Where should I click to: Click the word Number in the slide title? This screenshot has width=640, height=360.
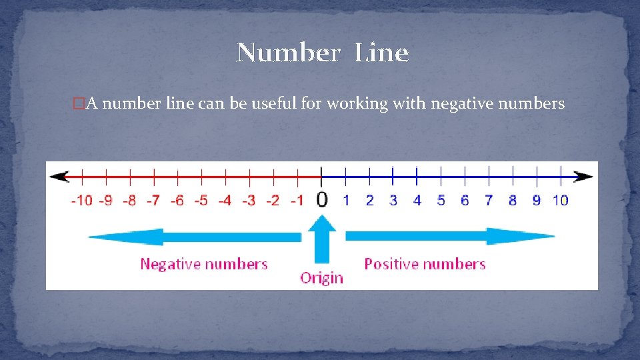[288, 53]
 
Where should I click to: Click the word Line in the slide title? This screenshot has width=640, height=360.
[381, 53]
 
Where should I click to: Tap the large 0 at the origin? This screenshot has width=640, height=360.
[321, 199]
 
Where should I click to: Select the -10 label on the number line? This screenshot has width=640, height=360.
[82, 200]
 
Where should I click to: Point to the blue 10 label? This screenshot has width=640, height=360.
[560, 200]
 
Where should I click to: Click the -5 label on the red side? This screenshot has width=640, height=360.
[201, 200]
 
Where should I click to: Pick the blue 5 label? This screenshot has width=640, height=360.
[441, 200]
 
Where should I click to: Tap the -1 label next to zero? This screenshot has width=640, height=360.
[297, 200]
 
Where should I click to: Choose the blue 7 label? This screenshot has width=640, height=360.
[489, 200]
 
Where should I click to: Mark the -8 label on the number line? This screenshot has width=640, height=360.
[129, 200]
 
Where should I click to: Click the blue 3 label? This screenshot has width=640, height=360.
[393, 200]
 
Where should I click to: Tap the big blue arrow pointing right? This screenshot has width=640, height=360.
[450, 237]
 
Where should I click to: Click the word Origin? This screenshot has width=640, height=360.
[321, 278]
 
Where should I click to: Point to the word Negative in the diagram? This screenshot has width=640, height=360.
[171, 264]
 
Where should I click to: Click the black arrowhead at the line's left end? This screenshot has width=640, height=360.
[59, 177]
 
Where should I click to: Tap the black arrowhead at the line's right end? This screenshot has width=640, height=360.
[585, 177]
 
